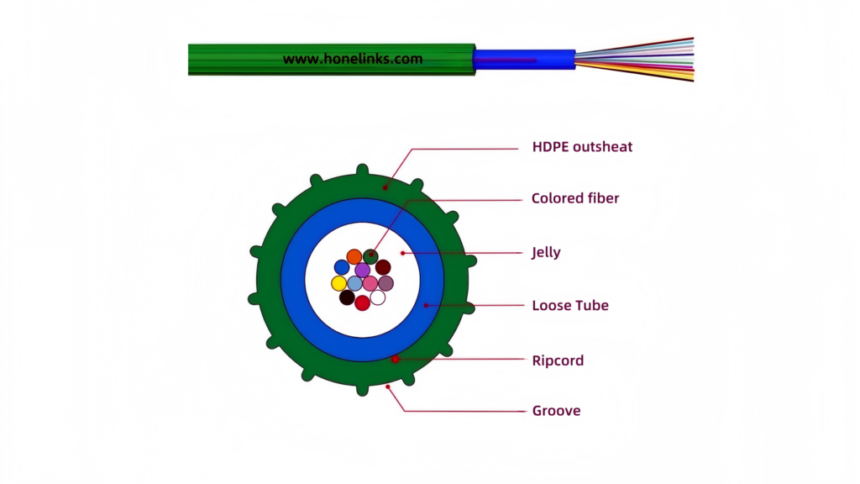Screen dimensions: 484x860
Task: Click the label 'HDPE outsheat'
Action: [582, 147]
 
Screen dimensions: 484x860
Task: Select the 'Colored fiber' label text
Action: [575, 199]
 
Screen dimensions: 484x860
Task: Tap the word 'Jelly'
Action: [546, 252]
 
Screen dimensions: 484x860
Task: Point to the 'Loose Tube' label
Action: [570, 305]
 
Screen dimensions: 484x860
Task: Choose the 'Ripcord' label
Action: [558, 360]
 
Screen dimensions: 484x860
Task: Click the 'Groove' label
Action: [556, 411]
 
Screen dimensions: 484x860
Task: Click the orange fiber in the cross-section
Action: [354, 256]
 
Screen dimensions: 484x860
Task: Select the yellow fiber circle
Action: [339, 283]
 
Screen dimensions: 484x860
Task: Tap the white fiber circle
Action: [378, 297]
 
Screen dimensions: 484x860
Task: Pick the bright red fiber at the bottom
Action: [362, 303]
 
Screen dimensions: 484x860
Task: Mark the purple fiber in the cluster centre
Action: [362, 270]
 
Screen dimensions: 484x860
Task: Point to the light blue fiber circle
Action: [355, 283]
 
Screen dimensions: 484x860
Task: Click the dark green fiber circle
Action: [370, 256]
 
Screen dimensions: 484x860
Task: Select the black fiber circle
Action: [347, 297]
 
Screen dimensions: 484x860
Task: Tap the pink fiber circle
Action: [370, 283]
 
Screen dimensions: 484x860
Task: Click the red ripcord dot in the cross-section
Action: [395, 360]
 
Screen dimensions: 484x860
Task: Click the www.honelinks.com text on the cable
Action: [352, 60]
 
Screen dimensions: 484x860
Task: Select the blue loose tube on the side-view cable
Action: [523, 60]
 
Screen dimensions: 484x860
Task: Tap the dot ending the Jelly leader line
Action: [402, 252]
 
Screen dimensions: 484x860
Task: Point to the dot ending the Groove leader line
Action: [387, 387]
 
